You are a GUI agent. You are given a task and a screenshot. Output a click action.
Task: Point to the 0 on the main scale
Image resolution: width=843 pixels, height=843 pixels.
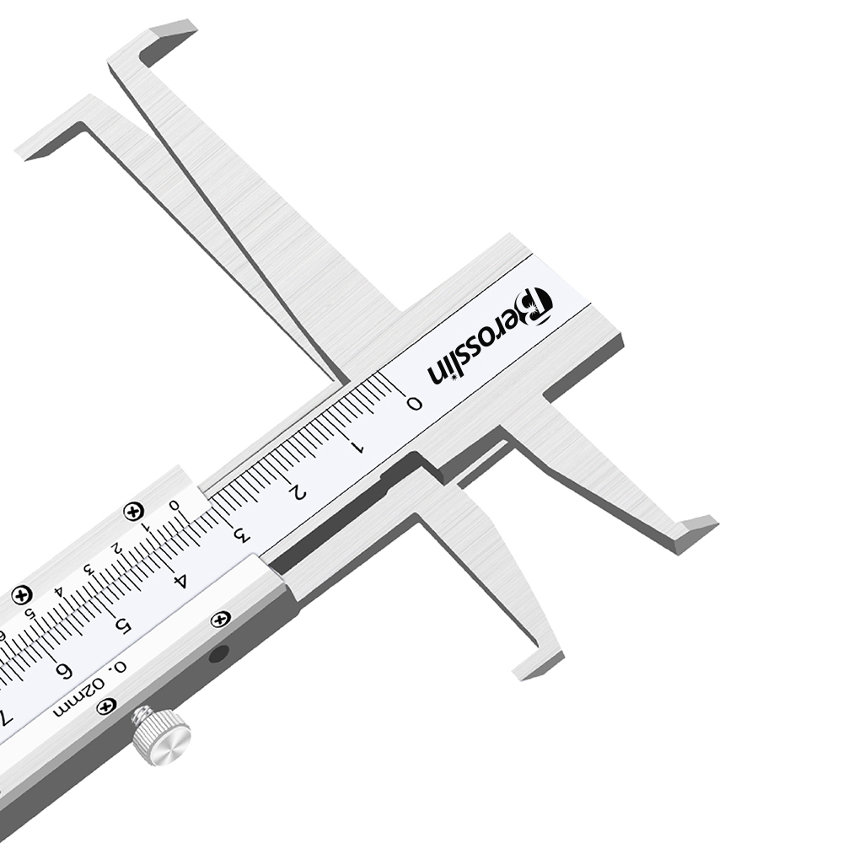point(414,402)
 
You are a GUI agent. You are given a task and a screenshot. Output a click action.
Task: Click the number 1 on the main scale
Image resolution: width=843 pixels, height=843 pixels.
point(356,446)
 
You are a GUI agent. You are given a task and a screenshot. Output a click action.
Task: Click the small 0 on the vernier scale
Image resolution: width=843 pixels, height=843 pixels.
point(174,505)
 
